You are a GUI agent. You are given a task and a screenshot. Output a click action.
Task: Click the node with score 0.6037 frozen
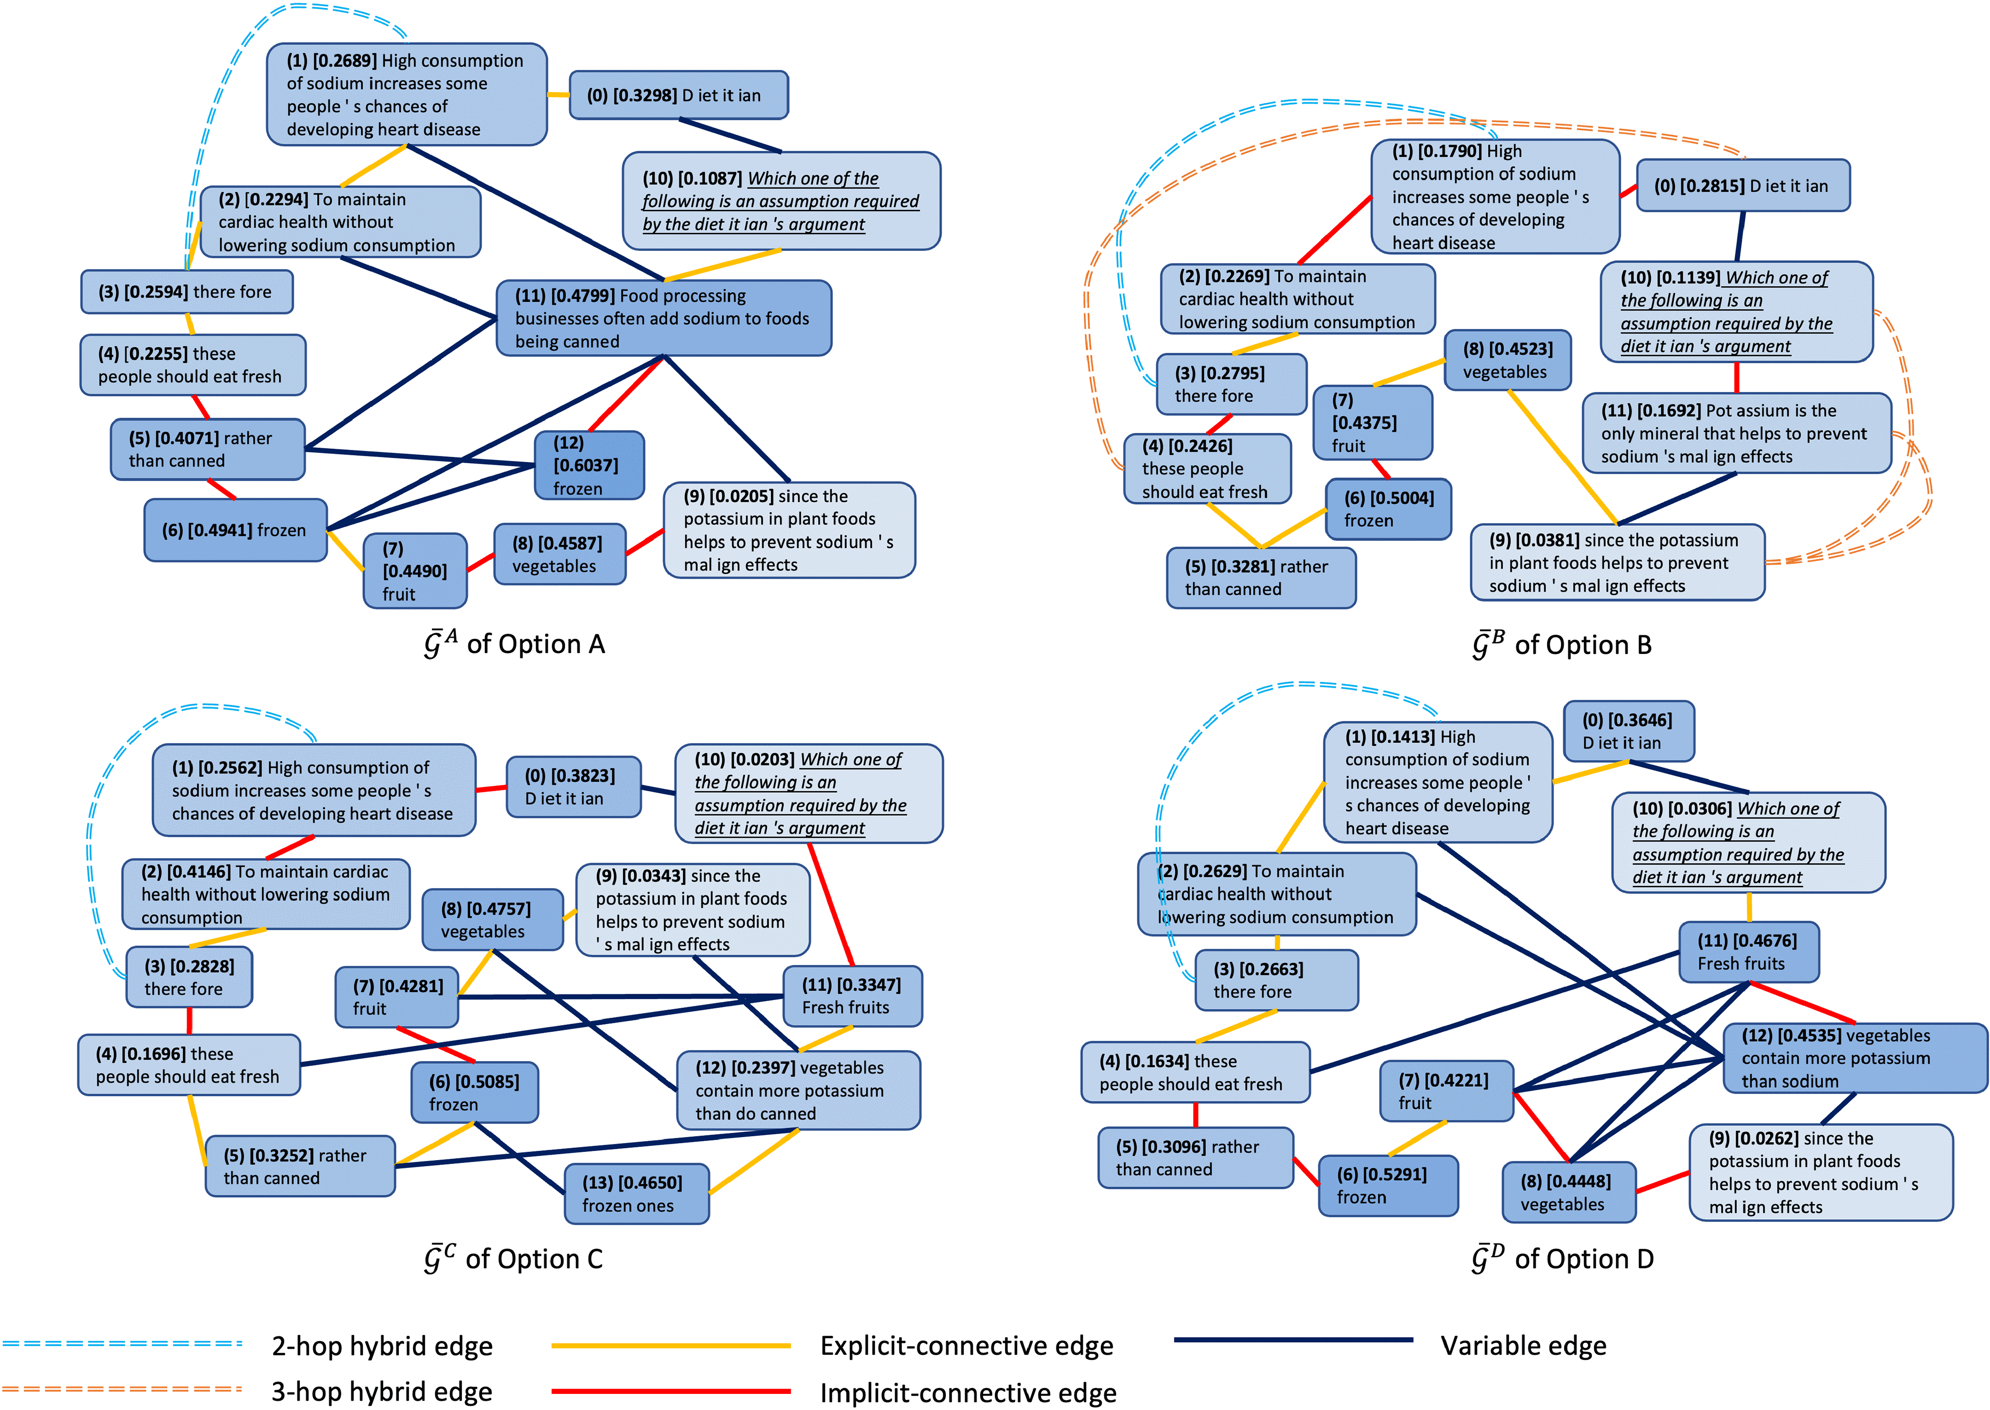coord(590,466)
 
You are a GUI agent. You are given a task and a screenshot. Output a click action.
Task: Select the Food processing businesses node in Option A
coord(663,318)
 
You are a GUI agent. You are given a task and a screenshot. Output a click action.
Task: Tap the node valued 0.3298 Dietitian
coord(678,95)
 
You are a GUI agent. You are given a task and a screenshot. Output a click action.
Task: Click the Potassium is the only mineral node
coord(1736,433)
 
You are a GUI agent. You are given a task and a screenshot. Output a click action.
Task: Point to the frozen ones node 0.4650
coord(636,1194)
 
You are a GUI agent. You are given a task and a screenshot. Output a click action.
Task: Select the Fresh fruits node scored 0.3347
coord(851,996)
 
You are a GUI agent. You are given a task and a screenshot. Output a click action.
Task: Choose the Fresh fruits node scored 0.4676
coord(1748,952)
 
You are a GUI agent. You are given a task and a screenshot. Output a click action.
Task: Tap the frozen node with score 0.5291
coord(1387,1185)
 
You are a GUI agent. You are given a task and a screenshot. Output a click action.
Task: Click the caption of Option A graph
coord(514,644)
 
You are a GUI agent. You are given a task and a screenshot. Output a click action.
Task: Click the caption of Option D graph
coord(1562,1259)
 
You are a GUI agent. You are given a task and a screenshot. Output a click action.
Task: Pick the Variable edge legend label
coord(1523,1346)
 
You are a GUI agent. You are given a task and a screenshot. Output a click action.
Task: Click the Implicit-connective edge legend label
coord(968,1392)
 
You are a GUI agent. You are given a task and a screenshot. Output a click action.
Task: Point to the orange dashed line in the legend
coord(122,1389)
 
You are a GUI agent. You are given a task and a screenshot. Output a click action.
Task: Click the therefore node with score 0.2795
coord(1231,384)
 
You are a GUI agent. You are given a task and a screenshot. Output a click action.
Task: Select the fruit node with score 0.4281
coord(396,997)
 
